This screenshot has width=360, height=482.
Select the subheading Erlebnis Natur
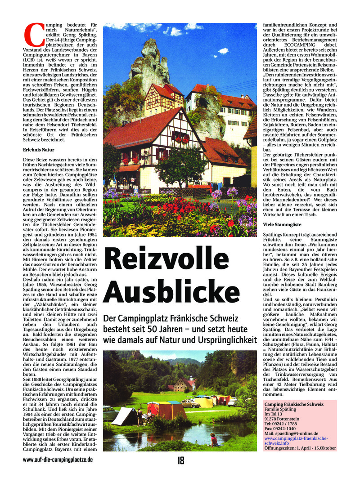(39, 148)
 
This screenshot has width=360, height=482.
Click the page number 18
(181, 460)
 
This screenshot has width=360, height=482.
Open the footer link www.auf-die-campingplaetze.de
(58, 460)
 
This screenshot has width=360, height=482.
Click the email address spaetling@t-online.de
(297, 433)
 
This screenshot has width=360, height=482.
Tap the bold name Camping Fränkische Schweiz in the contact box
(294, 404)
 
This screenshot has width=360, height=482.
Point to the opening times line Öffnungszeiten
(300, 448)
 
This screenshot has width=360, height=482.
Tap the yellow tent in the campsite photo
(203, 402)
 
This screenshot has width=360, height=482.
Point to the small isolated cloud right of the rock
(222, 51)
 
